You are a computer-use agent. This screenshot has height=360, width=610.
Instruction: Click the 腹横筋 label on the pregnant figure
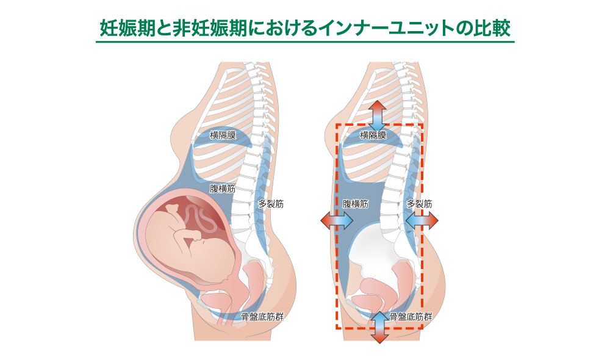click(x=223, y=189)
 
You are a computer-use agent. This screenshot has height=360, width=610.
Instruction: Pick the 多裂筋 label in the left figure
click(x=271, y=204)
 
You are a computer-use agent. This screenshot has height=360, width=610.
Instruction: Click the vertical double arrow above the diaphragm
click(x=378, y=115)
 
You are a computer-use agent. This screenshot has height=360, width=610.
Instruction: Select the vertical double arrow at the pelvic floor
click(x=378, y=326)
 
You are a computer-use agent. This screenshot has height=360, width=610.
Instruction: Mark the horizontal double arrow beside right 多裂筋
click(x=422, y=221)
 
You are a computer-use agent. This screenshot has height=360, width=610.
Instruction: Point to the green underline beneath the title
click(x=305, y=43)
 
